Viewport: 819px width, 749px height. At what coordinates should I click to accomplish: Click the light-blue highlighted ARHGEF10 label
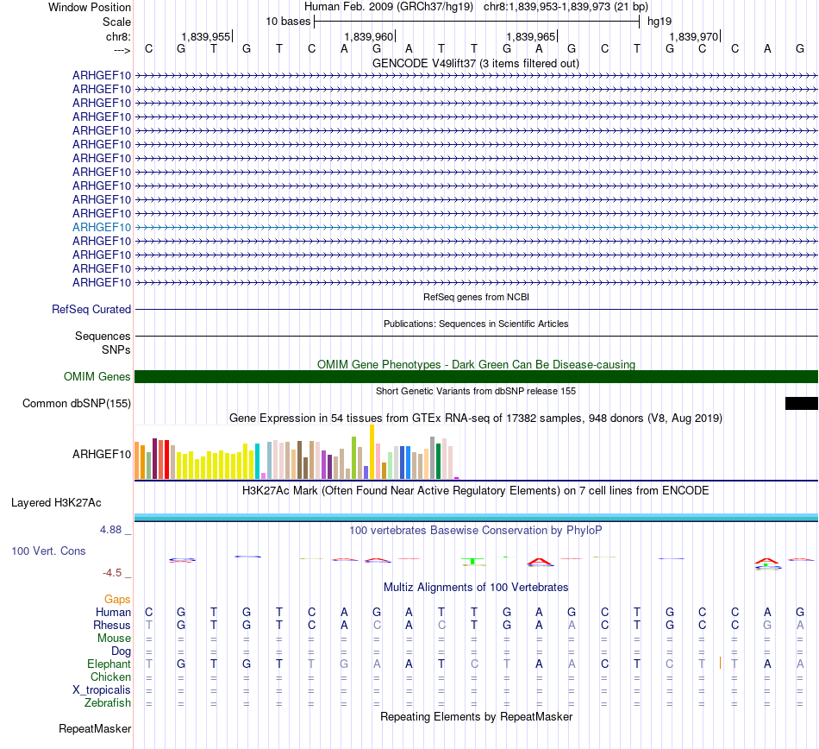coord(102,227)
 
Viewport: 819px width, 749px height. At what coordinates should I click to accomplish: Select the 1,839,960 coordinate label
coord(368,36)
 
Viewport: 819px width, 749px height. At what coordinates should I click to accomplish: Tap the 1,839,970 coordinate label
coord(693,36)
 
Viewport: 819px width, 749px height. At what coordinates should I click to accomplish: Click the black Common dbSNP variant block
coord(801,403)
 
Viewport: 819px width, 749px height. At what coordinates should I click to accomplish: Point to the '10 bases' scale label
coord(288,21)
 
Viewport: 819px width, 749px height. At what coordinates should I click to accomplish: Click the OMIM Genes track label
coord(97,377)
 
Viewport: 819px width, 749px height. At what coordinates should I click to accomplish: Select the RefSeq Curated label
coord(91,309)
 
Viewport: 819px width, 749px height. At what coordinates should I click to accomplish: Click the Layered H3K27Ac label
coord(56,502)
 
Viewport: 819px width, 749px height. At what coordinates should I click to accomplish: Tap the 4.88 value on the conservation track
coord(112,529)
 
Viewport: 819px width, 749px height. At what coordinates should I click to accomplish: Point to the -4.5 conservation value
coord(112,572)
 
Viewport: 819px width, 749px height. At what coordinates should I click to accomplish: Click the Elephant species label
coord(109,664)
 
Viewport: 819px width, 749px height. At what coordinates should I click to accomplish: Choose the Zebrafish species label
coord(108,703)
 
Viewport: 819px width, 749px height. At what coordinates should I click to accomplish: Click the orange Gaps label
coord(117,599)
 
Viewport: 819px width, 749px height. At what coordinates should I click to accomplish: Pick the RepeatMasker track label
coord(95,729)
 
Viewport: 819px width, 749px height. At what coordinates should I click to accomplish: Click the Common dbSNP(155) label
coord(77,404)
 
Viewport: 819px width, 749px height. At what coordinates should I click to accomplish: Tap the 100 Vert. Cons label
coord(48,551)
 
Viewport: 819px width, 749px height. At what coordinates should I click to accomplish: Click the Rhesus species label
coord(112,625)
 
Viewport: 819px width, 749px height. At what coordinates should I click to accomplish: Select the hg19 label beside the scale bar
coord(660,21)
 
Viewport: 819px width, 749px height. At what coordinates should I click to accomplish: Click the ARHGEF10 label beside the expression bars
coord(102,453)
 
